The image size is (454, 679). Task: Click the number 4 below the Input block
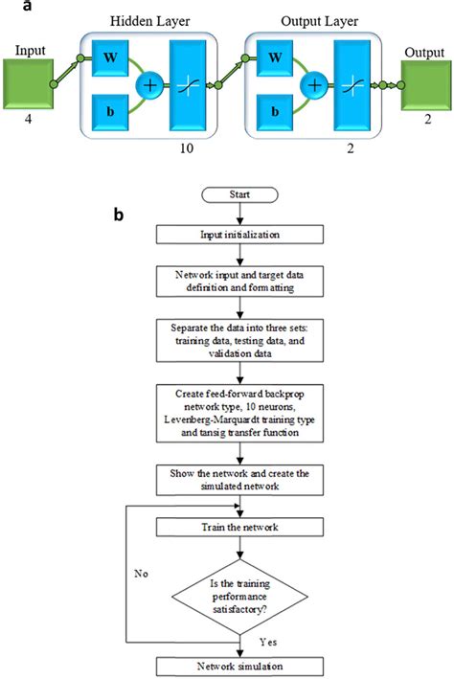[x=32, y=123]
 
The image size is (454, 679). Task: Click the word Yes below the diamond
[x=270, y=638]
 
